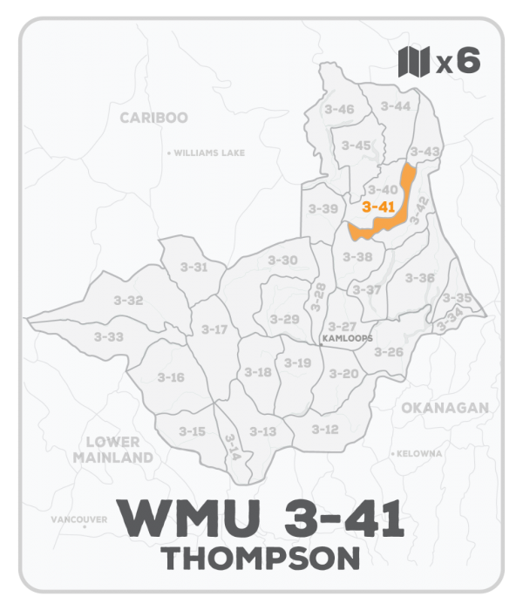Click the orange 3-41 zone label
378,207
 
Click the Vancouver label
78,519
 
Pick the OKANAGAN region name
445,408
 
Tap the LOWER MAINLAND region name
113,449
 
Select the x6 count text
458,62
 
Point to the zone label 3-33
109,336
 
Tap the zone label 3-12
324,429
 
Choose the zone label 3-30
282,260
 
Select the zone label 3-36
420,277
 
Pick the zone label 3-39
323,209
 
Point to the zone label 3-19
297,363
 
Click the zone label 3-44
395,105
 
